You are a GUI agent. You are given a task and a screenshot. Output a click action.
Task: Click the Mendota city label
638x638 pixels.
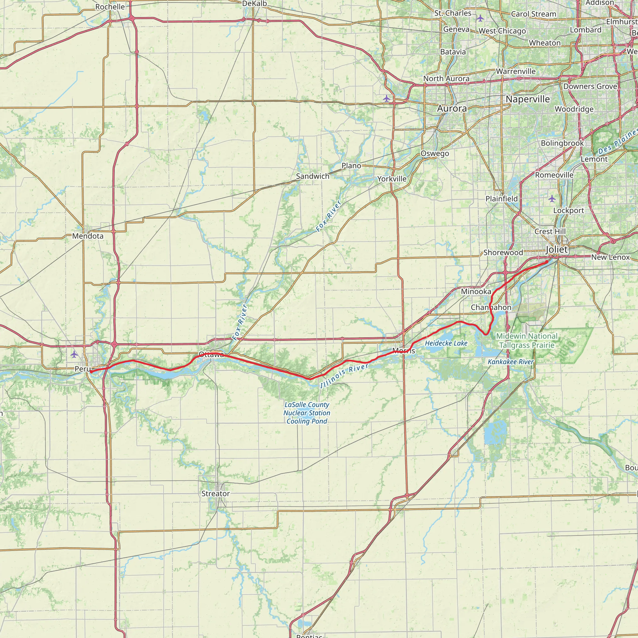tap(88, 236)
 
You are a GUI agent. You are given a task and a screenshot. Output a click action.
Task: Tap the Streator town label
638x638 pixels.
tap(216, 493)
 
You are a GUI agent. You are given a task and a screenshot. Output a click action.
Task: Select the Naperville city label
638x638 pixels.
tap(528, 99)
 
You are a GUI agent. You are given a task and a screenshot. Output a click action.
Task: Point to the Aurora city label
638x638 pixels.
tap(452, 108)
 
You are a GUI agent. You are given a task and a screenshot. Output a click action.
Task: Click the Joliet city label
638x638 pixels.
tap(557, 250)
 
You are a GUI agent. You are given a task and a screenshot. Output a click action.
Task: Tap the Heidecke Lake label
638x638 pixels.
tap(446, 343)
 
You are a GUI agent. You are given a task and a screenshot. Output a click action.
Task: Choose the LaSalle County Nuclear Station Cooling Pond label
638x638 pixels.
tap(307, 413)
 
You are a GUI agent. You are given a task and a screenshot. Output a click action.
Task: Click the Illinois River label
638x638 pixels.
tap(344, 375)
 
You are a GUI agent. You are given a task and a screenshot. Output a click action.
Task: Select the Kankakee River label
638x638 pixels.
tap(511, 362)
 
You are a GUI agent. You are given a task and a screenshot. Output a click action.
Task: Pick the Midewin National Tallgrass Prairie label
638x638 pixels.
tap(527, 340)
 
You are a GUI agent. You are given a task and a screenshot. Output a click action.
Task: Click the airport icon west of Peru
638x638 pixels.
tap(74, 354)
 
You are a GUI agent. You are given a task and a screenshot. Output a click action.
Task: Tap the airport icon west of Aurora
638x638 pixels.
tap(386, 98)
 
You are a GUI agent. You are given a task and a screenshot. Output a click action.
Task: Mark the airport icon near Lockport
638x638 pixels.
tap(552, 198)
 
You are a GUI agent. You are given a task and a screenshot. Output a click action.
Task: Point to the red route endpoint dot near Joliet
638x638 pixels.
tap(546, 262)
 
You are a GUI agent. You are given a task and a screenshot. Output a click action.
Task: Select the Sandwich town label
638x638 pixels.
tap(313, 176)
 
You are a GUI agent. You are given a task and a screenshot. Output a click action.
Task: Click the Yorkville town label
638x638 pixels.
tap(392, 179)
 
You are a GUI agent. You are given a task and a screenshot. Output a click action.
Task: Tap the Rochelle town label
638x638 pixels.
tap(110, 7)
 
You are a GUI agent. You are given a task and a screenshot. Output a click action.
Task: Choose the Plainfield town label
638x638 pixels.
tap(502, 198)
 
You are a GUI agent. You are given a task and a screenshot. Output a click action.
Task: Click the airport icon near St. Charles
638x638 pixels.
tap(480, 18)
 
